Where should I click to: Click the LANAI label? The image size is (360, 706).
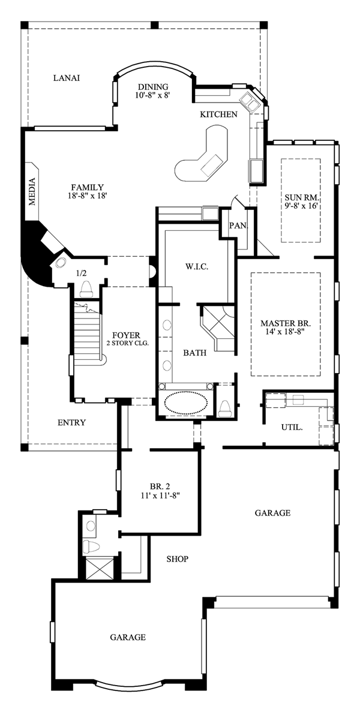coord(67,78)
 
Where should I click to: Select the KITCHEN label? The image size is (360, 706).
coord(218,115)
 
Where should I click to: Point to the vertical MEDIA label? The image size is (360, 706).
coord(32,192)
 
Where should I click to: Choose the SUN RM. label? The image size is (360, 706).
coord(301,198)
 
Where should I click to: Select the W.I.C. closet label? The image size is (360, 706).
coord(196,266)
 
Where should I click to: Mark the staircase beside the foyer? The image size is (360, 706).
coord(88,331)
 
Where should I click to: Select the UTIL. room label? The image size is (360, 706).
coord(292,427)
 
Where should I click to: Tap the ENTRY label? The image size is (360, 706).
coord(71,422)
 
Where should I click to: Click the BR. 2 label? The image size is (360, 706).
coord(160,486)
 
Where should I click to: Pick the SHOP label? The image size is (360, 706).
coord(177,559)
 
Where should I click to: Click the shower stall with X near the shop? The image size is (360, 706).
coord(99,568)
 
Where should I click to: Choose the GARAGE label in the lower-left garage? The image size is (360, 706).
coord(128,637)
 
